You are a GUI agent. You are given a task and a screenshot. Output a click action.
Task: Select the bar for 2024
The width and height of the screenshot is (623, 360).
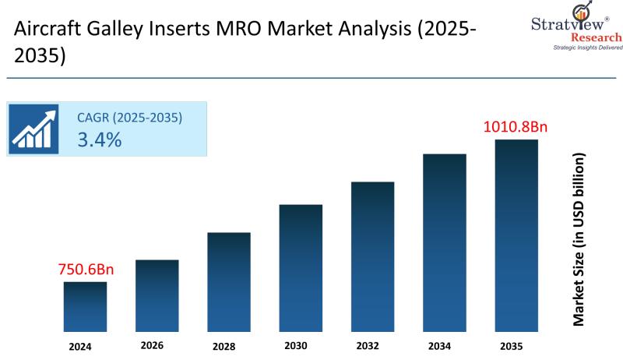(x=85, y=307)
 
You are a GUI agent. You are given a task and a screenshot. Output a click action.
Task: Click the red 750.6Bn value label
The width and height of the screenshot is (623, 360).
(x=86, y=270)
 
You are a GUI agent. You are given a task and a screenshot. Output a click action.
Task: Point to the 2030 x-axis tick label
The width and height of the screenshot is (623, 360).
(x=296, y=346)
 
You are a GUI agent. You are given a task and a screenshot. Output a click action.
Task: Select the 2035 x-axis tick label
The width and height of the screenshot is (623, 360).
(x=512, y=346)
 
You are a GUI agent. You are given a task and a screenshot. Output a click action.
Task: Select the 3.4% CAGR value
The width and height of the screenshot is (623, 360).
(x=99, y=140)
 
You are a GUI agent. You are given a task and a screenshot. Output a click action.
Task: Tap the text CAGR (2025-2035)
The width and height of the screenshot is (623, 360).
(x=129, y=118)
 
